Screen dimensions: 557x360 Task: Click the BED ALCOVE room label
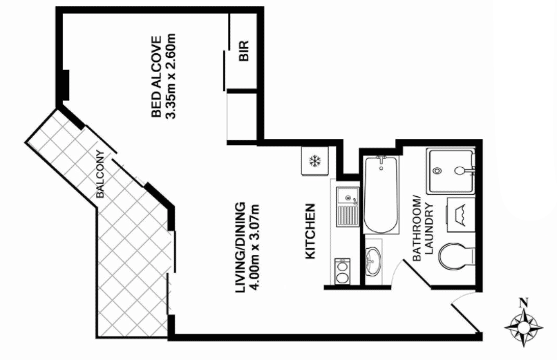pyautogui.click(x=156, y=76)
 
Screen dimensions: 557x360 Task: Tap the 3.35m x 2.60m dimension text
pyautogui.click(x=171, y=76)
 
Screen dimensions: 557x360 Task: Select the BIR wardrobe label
pyautogui.click(x=244, y=50)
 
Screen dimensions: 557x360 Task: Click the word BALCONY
pyautogui.click(x=100, y=174)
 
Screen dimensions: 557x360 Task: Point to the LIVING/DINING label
pyautogui.click(x=240, y=248)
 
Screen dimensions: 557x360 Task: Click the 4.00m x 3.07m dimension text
pyautogui.click(x=255, y=248)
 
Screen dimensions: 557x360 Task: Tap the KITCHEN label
pyautogui.click(x=310, y=231)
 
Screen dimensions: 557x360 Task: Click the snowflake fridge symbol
pyautogui.click(x=314, y=161)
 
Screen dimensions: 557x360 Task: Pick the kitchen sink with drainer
pyautogui.click(x=348, y=207)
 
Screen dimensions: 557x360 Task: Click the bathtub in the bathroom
pyautogui.click(x=381, y=195)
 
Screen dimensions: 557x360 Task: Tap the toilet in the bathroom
pyautogui.click(x=457, y=256)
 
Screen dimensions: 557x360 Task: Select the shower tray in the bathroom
pyautogui.click(x=451, y=172)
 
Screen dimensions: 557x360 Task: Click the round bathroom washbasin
pyautogui.click(x=372, y=261)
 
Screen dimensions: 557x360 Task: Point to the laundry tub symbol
pyautogui.click(x=460, y=215)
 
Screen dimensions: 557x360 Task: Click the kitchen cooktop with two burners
pyautogui.click(x=343, y=272)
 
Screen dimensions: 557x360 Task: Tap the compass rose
pyautogui.click(x=524, y=327)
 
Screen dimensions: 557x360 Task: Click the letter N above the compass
pyautogui.click(x=523, y=303)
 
